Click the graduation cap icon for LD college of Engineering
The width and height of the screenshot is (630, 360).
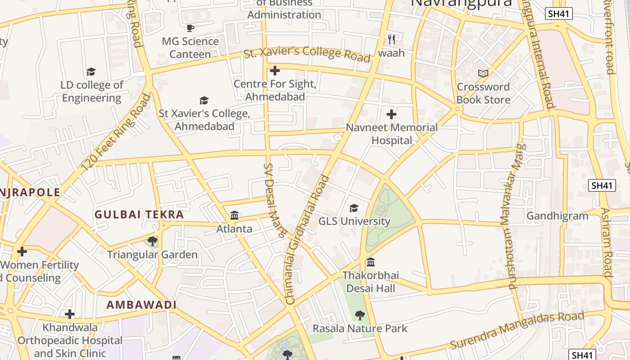coord(91,72)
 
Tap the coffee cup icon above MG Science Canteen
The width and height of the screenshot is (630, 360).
coord(190,28)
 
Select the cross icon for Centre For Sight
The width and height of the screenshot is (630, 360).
coord(274,71)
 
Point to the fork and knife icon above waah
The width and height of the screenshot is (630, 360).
coord(391,40)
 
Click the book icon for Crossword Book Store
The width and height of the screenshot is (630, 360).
coord(483,73)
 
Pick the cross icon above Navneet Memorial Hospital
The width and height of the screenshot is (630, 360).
coord(391,114)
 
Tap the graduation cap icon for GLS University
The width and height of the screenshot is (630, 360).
coord(354,208)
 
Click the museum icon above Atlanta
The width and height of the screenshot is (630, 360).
coord(234,215)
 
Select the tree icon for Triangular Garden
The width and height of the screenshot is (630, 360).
coord(152,241)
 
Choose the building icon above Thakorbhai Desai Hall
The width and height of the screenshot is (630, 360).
coord(370,262)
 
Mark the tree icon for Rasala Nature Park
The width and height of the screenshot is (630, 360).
coord(360,315)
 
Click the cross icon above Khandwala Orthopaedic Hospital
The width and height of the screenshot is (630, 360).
coord(70,314)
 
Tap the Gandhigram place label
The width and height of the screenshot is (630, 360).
coord(557,216)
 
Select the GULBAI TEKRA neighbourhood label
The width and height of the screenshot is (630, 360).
coord(139,215)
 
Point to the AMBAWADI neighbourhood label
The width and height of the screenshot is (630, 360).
coord(141,305)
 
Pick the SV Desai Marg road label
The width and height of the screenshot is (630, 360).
coord(274,200)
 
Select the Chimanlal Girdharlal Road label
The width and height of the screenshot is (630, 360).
coord(307,238)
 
